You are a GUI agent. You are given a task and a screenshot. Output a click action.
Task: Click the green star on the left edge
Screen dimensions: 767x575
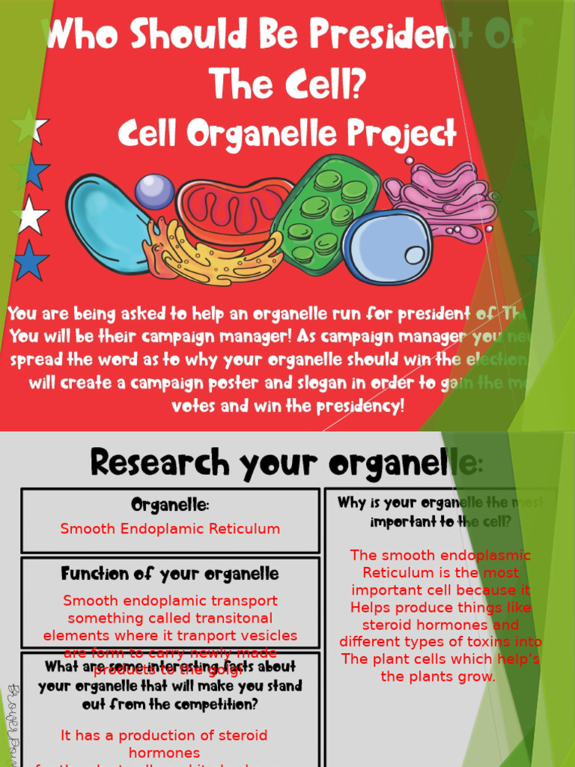click(29, 125)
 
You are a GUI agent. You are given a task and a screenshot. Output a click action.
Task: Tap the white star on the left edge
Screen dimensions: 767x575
click(31, 216)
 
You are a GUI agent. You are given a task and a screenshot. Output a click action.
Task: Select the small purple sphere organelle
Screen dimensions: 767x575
click(155, 192)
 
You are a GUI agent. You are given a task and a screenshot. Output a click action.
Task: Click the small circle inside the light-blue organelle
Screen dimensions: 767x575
click(414, 255)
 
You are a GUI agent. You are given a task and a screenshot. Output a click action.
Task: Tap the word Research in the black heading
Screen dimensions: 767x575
click(159, 462)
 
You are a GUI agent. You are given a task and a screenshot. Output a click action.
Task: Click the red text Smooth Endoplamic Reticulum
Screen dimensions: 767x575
click(170, 529)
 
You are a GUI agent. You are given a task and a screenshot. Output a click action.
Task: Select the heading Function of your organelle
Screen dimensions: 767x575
click(170, 574)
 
